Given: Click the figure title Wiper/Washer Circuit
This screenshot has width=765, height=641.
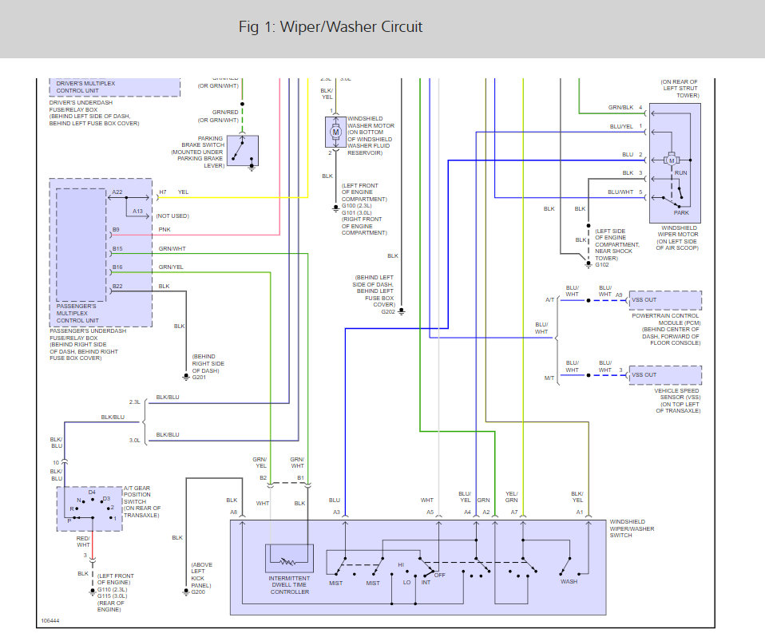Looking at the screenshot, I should pos(331,27).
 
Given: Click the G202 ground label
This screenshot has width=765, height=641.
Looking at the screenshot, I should pos(388,311).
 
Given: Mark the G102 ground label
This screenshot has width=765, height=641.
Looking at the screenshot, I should pos(602,264).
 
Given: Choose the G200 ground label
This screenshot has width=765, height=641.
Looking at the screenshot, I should pos(200,592).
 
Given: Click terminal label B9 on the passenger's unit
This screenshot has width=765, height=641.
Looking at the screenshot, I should pos(117,230).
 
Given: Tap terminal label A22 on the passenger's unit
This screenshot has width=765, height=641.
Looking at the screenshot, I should pos(117,192).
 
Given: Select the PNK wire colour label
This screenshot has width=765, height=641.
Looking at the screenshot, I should pos(164,230).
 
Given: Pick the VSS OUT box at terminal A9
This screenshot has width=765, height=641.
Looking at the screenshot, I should pos(665,300).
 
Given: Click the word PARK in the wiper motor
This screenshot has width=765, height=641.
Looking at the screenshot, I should pos(681,212).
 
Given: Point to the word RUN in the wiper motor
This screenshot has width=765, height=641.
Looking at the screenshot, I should pos(681,172).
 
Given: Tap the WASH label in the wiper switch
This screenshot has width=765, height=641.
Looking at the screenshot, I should pos(569,582).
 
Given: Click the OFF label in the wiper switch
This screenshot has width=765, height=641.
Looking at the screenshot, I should pos(439,574).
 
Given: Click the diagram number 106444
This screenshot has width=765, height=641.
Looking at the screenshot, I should pos(51,620).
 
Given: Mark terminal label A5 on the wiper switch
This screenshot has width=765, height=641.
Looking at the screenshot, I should pos(430,512).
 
